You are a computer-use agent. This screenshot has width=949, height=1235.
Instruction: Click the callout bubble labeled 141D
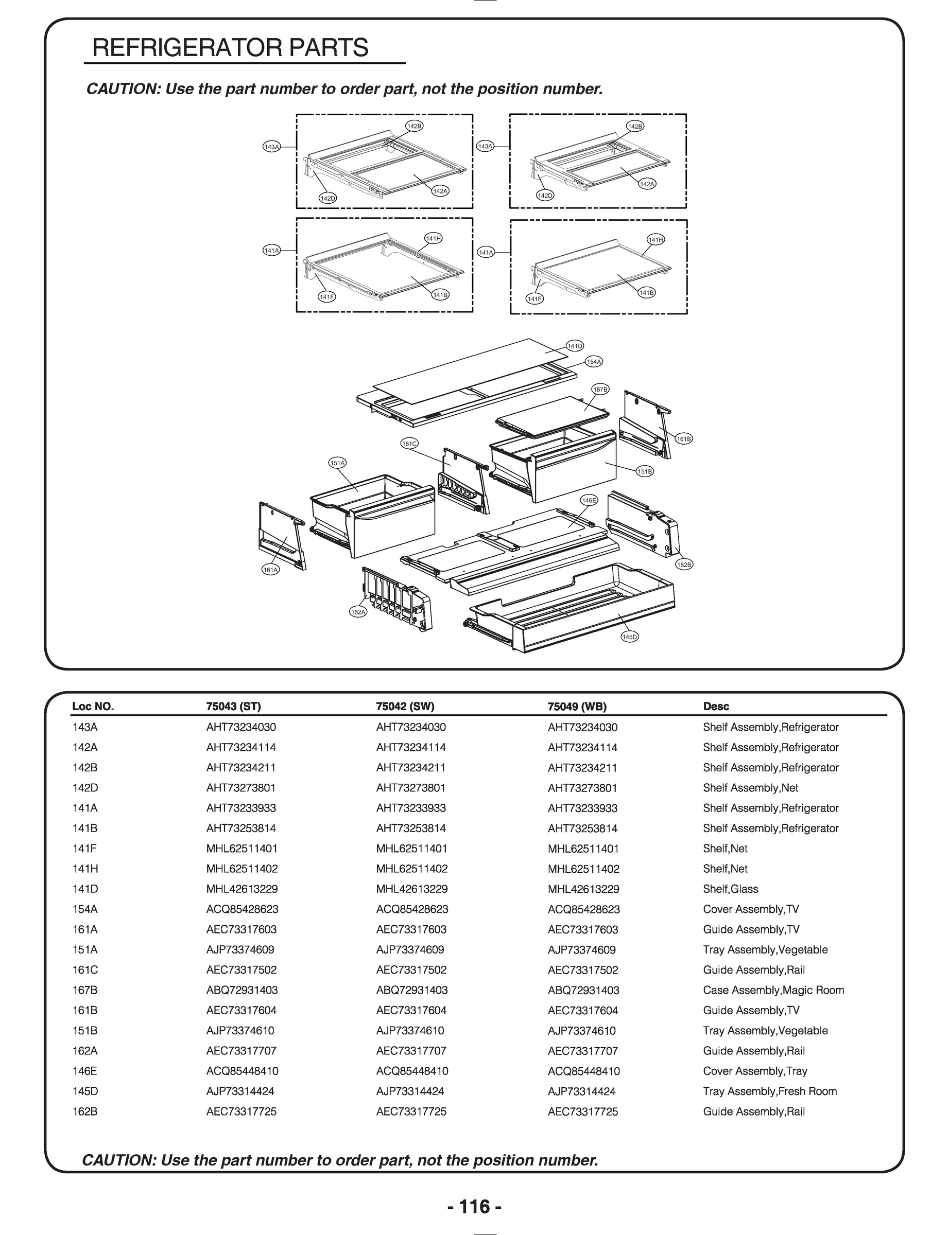575,345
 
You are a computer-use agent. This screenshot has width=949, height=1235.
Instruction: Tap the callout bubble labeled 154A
594,362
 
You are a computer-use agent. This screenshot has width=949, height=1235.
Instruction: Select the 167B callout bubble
600,390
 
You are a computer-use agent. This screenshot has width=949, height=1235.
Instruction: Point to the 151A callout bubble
337,463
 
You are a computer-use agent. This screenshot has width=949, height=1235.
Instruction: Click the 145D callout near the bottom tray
629,637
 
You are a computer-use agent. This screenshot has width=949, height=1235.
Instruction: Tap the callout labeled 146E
589,500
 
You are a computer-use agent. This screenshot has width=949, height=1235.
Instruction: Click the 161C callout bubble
409,444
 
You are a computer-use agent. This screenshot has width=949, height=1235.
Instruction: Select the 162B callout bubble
684,564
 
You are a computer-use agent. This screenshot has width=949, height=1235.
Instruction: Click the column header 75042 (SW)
404,706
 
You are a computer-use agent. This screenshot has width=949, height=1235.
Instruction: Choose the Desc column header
716,706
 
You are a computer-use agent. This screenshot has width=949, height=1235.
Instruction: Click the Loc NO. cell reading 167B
85,990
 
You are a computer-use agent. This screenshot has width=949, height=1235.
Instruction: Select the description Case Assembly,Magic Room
773,990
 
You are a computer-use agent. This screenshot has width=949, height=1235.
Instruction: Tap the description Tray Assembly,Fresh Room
769,1091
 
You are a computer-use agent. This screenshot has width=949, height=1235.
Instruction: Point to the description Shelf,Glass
730,889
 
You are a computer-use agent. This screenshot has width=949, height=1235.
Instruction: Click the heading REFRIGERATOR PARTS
230,48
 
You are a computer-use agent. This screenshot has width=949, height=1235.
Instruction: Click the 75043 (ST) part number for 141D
242,889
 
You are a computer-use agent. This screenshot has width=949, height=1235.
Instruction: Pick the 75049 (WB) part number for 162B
582,1111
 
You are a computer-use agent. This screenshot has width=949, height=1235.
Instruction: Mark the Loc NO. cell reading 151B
85,1031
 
